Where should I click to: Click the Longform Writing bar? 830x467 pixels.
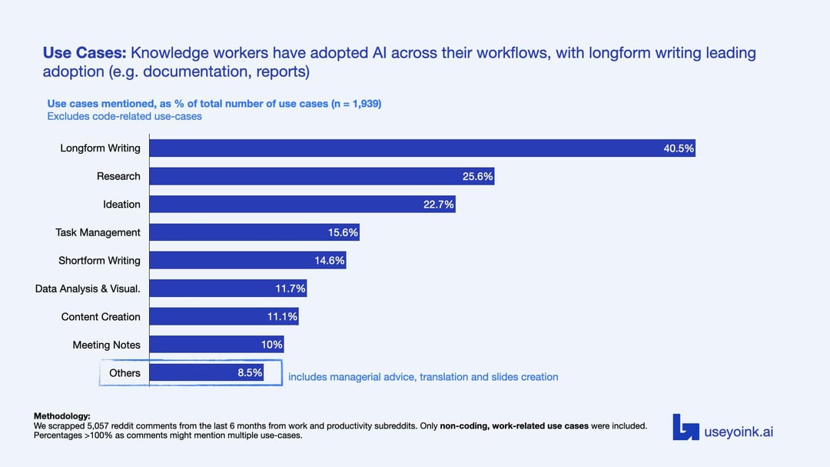(x=422, y=148)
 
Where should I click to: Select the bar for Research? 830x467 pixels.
(x=321, y=176)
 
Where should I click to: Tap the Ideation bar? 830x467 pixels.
(x=302, y=204)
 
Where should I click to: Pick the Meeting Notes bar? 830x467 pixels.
(x=217, y=345)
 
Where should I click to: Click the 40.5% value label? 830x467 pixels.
(x=679, y=148)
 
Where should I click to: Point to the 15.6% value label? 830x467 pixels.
(x=343, y=232)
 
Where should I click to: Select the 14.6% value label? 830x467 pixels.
(x=330, y=261)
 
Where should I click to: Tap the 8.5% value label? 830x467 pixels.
(x=250, y=373)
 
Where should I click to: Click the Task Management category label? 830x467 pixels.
(x=98, y=232)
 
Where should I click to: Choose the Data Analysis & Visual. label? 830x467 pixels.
(x=88, y=289)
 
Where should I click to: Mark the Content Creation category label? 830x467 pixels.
(x=101, y=317)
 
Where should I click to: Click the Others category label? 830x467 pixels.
(x=124, y=373)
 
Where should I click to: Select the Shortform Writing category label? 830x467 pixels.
(x=99, y=261)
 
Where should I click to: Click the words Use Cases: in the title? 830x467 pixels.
(x=85, y=53)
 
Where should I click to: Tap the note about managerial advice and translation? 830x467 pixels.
(x=423, y=377)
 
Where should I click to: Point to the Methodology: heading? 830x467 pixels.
(x=61, y=416)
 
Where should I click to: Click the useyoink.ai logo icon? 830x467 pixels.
(x=686, y=427)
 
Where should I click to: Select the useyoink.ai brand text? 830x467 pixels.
(x=739, y=432)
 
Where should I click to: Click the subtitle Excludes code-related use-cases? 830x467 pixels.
(x=124, y=116)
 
